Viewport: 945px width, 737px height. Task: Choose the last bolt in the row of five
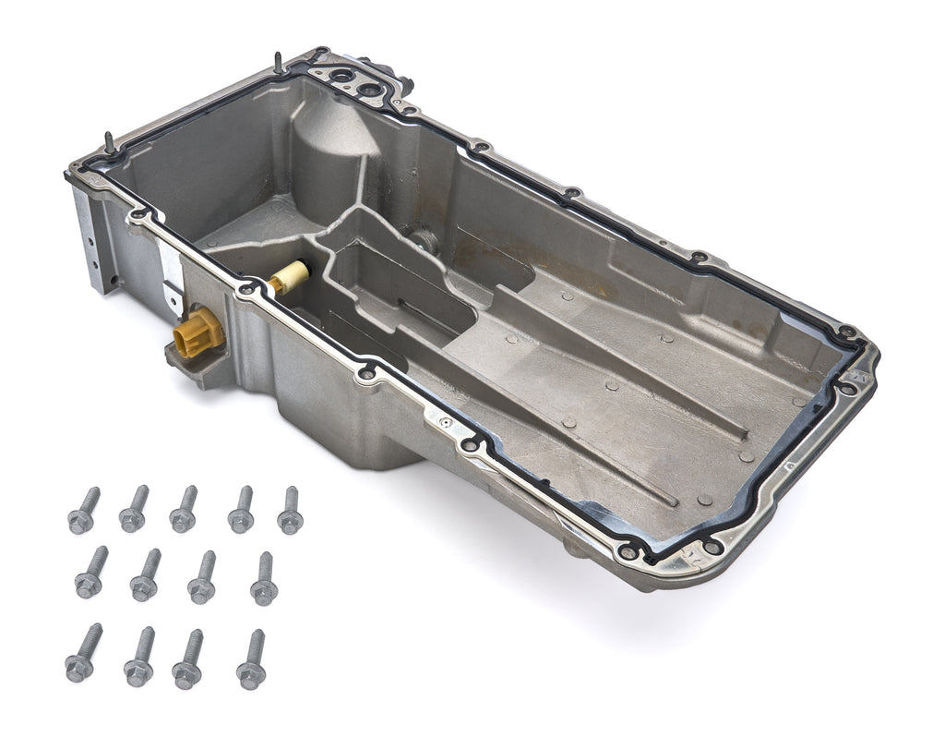pyautogui.click(x=290, y=510)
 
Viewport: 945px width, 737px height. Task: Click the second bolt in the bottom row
pyautogui.click(x=139, y=658)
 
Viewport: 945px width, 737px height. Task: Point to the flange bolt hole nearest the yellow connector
pyautogui.click(x=245, y=292)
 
